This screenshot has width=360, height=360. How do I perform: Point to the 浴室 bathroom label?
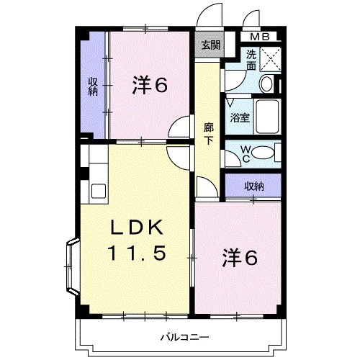point(240,118)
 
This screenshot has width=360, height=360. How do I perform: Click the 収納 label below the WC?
point(253,186)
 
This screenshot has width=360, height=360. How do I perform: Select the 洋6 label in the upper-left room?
point(149,86)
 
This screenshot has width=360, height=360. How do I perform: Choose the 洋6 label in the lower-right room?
point(239,258)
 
